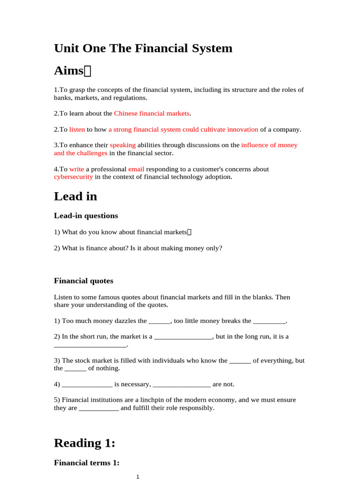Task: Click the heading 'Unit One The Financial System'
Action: (143, 48)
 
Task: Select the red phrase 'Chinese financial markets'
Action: (151, 113)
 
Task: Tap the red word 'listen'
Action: (77, 129)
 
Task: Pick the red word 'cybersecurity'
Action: (73, 177)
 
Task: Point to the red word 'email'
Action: (136, 169)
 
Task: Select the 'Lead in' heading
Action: (75, 196)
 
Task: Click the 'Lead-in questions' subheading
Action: (86, 216)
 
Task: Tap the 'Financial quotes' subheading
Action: (83, 281)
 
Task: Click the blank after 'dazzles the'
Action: (159, 321)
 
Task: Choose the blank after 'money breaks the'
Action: (269, 321)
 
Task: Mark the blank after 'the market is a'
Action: (183, 337)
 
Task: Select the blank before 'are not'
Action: (182, 384)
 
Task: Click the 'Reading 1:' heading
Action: (84, 443)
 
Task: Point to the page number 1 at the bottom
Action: (138, 477)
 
